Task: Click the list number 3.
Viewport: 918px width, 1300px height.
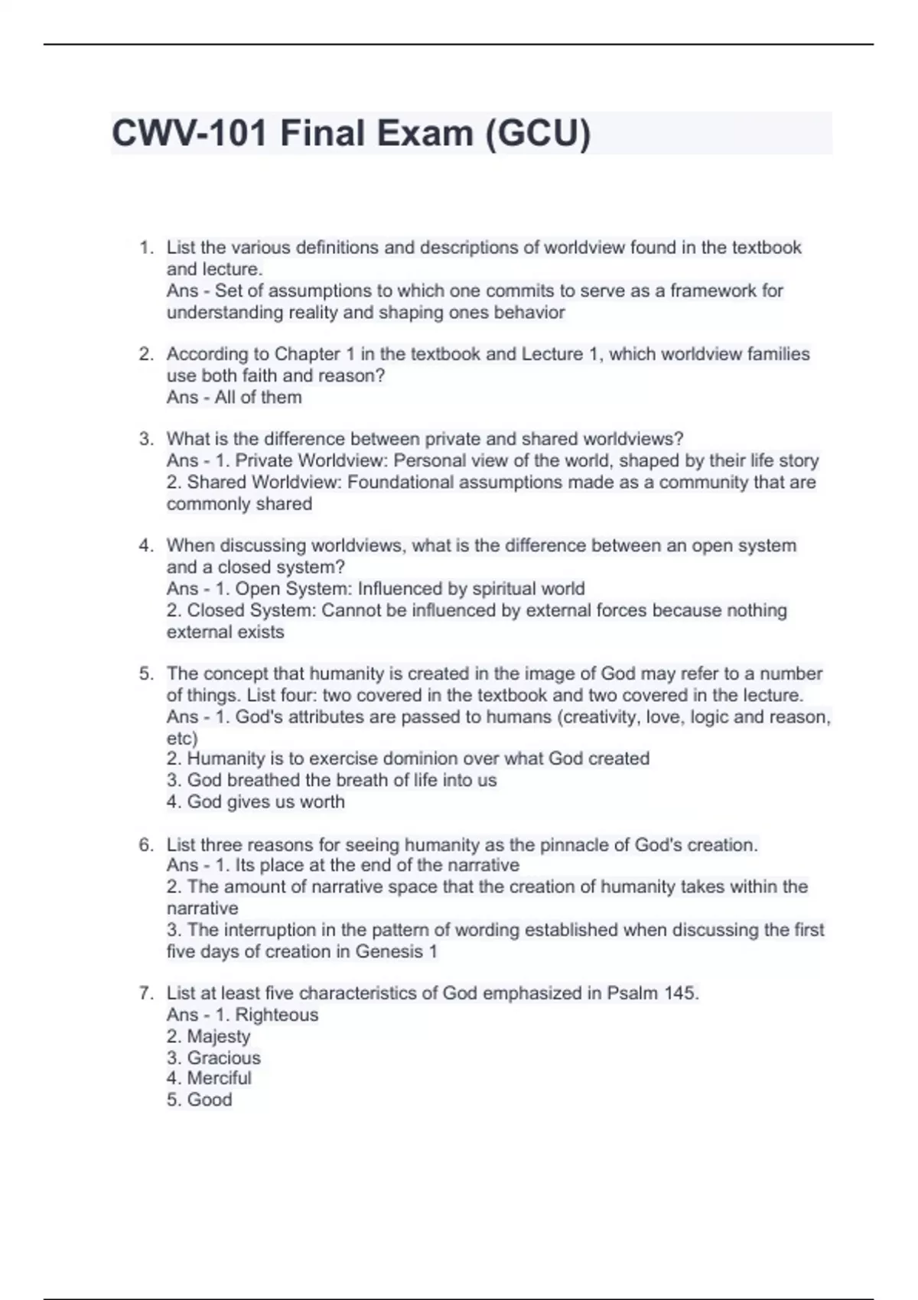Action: click(x=145, y=439)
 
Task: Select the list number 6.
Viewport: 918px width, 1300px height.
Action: click(x=145, y=845)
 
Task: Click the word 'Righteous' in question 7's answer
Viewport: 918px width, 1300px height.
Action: click(x=277, y=1015)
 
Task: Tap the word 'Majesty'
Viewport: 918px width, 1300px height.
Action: click(x=219, y=1036)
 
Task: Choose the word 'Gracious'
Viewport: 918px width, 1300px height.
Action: click(x=224, y=1058)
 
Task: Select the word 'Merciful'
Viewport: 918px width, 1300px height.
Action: click(x=220, y=1078)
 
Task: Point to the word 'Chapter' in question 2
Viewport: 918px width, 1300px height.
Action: click(x=308, y=354)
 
